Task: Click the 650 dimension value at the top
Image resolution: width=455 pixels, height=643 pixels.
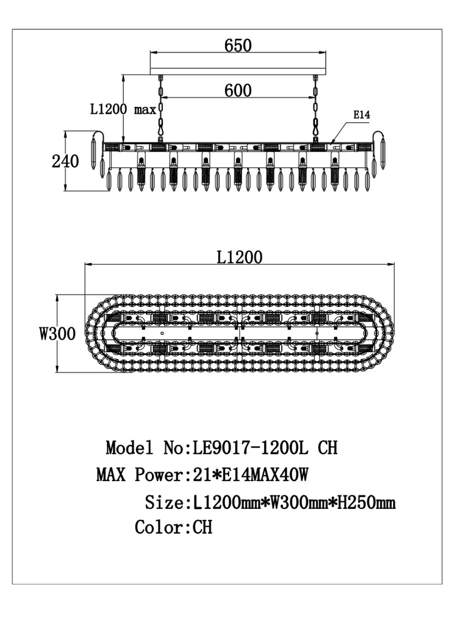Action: pos(238,46)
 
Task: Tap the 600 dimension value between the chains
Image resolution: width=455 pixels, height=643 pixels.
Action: pos(238,91)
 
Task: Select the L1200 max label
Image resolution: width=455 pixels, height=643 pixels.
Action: pos(123,109)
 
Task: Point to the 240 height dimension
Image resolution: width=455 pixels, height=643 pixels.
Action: pos(65,161)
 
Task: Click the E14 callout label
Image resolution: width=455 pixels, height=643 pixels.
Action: pos(361,115)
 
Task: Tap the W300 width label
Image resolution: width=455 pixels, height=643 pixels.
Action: pos(57,333)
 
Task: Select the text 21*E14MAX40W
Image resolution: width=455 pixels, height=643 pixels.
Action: pos(247,474)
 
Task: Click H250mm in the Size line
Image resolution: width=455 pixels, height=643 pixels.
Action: pos(366,503)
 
